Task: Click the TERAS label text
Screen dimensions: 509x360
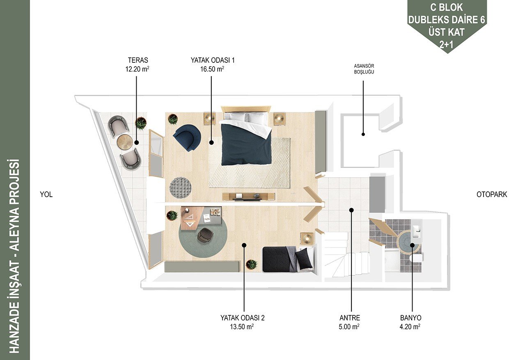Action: click(138, 60)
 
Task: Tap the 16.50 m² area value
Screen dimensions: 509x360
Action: click(212, 69)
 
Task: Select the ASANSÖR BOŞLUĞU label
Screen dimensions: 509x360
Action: click(364, 69)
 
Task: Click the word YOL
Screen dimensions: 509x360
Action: click(46, 194)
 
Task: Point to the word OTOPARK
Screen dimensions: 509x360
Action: click(492, 194)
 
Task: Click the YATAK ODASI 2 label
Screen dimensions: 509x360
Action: click(243, 318)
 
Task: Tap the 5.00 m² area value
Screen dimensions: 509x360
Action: click(349, 327)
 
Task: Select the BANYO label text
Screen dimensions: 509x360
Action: click(410, 318)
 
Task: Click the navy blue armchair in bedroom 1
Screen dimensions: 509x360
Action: click(187, 138)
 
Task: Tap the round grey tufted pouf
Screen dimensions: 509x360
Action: click(181, 188)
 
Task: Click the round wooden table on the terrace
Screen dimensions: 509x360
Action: click(125, 142)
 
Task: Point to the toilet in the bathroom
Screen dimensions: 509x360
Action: click(417, 258)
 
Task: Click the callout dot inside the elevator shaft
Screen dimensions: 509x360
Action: click(363, 134)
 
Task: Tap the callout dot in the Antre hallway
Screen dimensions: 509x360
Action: click(351, 210)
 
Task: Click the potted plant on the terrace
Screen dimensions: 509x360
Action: click(141, 124)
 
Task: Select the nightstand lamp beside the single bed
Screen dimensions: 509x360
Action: click(307, 238)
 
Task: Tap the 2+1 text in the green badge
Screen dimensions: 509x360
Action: click(446, 45)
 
